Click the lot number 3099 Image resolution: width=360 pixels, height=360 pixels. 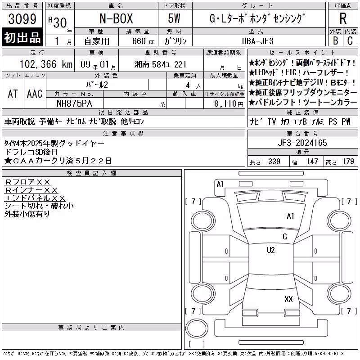coord(22,19)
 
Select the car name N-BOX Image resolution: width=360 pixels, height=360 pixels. coord(116,18)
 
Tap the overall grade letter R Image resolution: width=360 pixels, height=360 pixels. coord(343,18)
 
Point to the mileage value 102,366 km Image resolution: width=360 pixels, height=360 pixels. coord(46,64)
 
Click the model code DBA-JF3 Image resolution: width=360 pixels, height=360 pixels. coord(258,41)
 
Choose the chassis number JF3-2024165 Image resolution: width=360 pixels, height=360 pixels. coord(302,143)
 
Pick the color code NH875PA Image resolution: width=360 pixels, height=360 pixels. coord(74,103)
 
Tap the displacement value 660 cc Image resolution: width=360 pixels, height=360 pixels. coord(144,41)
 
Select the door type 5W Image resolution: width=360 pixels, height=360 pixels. coord(174,18)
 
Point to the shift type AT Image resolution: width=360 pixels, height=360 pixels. coord(13,94)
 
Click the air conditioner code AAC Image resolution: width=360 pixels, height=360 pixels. coord(35,94)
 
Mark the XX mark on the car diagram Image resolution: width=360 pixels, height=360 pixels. coord(288,299)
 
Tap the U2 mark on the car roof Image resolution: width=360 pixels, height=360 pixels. coord(271,250)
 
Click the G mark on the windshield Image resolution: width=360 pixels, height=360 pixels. coord(285,237)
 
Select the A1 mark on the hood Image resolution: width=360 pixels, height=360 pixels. coord(290,216)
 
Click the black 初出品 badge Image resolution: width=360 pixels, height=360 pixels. coord(22,37)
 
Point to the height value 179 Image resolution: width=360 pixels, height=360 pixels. coord(348,162)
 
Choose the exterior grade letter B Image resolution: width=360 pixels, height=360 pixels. coord(335,41)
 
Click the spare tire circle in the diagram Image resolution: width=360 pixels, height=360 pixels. coord(197,328)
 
